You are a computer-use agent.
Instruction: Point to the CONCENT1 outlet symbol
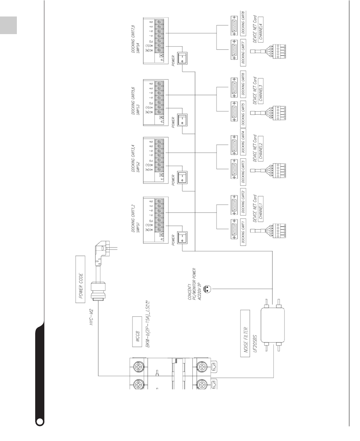pos(207,288)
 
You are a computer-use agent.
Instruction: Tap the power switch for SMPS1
pos(182,239)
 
